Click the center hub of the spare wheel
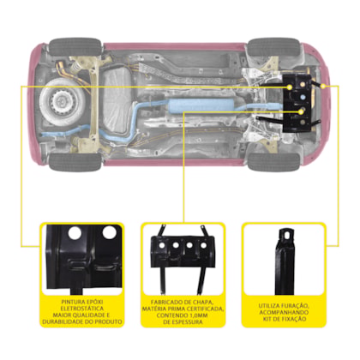(x=61, y=100)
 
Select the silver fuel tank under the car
(x=116, y=100)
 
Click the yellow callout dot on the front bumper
(x=323, y=86)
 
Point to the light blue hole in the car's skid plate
(x=302, y=97)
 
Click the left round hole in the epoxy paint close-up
(x=75, y=233)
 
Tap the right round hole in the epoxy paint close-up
(x=109, y=232)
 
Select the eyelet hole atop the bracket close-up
(x=286, y=234)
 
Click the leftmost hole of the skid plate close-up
(x=162, y=245)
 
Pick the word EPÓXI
(x=94, y=302)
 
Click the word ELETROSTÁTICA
(x=82, y=309)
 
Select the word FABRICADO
(x=165, y=302)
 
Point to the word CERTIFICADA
(x=206, y=309)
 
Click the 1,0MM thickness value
(x=198, y=315)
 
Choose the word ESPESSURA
(x=188, y=322)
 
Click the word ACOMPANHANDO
(x=284, y=312)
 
